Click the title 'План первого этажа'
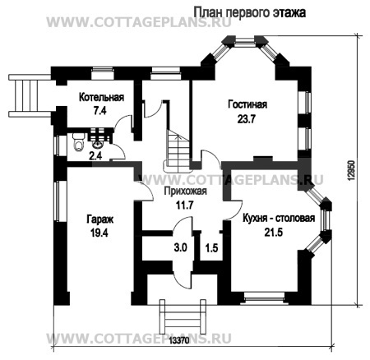(251, 12)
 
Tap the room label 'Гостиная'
(247, 104)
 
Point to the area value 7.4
(101, 109)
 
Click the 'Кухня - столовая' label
(279, 219)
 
